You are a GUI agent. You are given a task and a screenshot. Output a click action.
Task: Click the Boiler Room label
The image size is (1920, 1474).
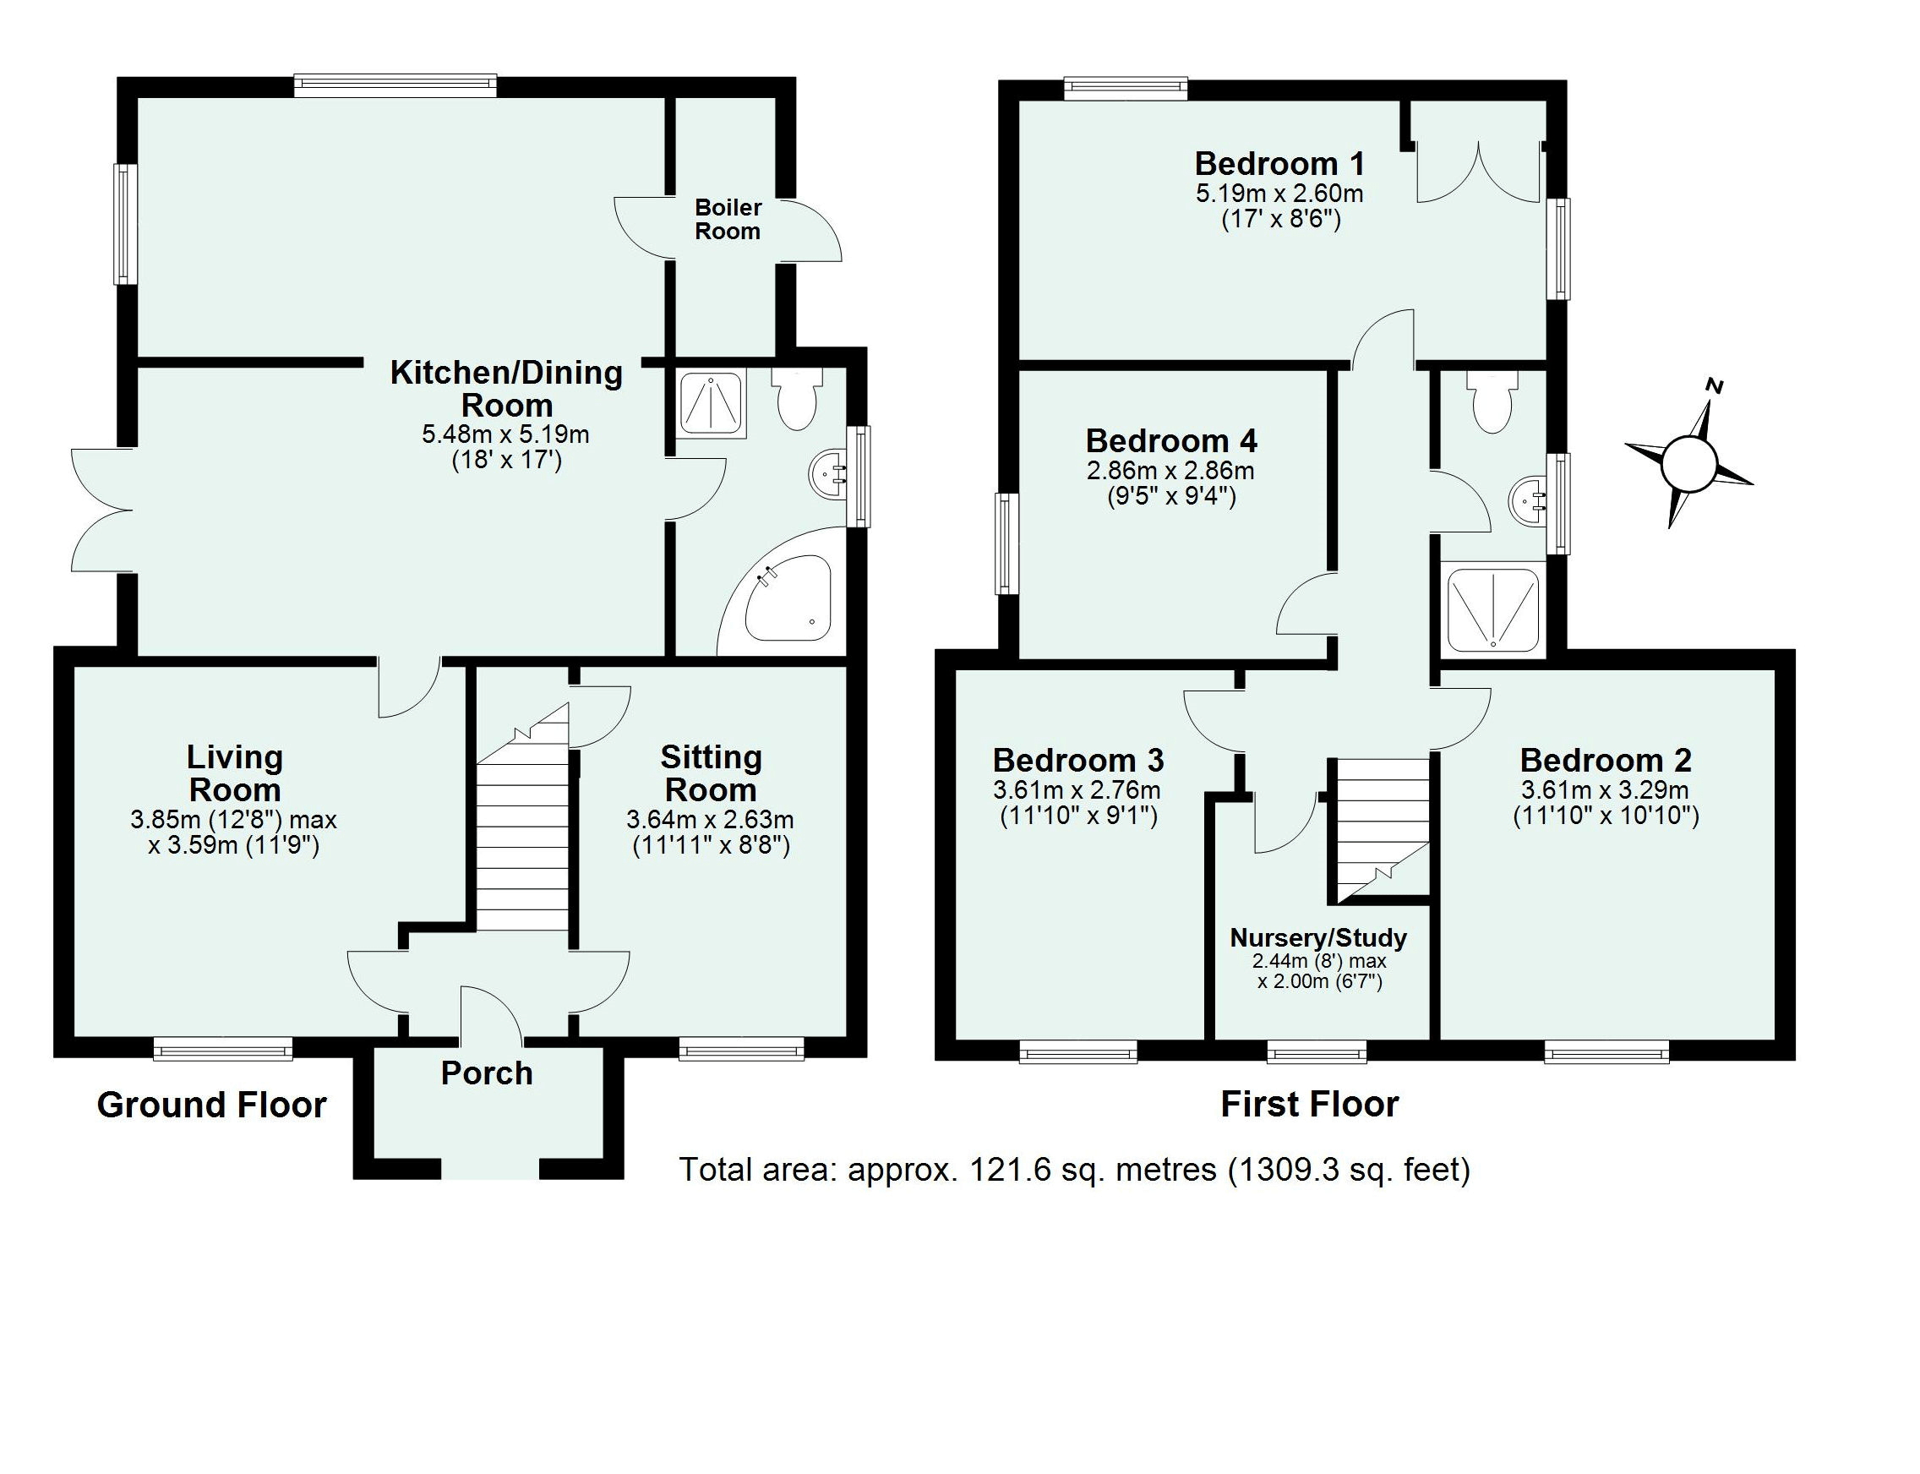727,220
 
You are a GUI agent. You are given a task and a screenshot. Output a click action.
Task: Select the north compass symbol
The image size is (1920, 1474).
1688,461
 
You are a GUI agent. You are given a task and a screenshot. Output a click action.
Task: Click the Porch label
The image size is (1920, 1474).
486,1073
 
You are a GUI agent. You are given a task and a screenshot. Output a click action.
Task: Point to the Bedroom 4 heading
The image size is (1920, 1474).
1171,440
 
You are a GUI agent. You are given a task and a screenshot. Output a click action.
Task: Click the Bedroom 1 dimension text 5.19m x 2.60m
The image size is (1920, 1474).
1279,192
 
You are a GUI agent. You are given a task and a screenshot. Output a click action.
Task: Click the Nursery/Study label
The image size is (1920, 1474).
1317,938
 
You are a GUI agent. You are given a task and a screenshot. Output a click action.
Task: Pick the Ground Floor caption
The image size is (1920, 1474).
211,1105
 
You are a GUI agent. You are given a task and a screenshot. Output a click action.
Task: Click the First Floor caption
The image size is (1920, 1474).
1309,1104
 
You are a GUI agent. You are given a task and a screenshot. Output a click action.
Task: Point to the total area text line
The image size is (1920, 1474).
1073,1170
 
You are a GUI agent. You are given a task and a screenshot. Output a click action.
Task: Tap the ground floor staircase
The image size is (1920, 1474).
523,833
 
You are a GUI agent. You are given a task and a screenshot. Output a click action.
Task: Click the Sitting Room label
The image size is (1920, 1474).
711,773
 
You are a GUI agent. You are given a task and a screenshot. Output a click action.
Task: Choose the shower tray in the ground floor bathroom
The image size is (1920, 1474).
712,402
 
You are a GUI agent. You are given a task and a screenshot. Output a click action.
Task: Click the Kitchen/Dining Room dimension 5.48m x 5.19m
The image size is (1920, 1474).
505,434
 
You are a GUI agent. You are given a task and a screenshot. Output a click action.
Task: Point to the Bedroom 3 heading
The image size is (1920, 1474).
1078,760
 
